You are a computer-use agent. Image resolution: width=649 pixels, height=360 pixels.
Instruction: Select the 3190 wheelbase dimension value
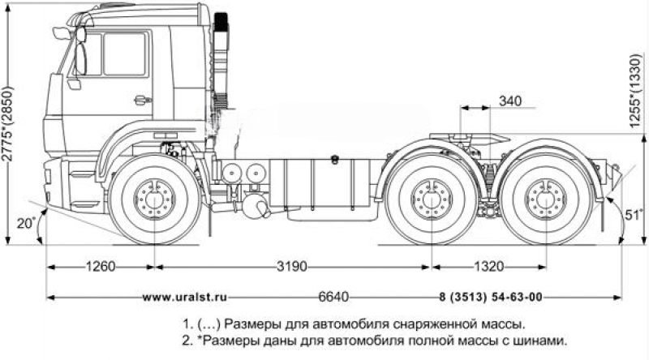pyautogui.click(x=294, y=265)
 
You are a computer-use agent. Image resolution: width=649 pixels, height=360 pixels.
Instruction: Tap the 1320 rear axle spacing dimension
pyautogui.click(x=488, y=265)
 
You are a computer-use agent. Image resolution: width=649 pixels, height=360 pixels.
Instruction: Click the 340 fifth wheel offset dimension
pyautogui.click(x=509, y=101)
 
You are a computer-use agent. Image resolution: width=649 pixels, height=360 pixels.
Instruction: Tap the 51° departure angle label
pyautogui.click(x=634, y=214)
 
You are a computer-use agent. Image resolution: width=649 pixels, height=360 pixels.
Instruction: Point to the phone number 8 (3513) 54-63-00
pyautogui.click(x=491, y=297)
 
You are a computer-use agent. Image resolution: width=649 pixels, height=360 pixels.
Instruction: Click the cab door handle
pyautogui.click(x=142, y=100)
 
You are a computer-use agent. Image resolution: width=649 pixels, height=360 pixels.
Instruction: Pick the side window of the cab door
pyautogui.click(x=125, y=54)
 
